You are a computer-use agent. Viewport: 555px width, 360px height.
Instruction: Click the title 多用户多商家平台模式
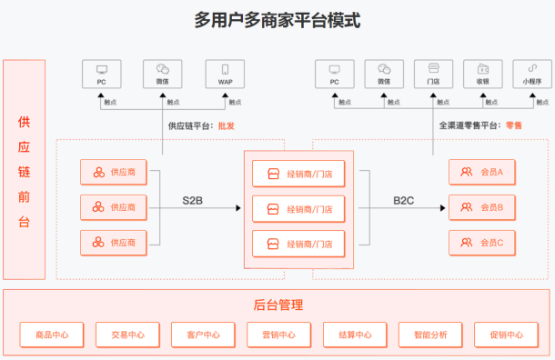coord(277,20)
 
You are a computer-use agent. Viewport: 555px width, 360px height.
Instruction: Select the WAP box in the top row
coord(225,74)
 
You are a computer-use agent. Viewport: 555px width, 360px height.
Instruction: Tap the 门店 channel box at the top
coord(432,74)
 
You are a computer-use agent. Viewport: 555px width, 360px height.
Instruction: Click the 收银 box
coord(482,74)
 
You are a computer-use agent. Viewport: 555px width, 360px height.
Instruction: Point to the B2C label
coord(404,199)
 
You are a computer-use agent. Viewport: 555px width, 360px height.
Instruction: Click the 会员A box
coord(482,172)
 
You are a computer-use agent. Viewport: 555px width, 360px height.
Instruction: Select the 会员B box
coord(482,207)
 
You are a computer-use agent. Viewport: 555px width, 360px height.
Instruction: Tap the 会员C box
coord(482,243)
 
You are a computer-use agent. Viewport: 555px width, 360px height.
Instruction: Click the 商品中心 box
coord(52,335)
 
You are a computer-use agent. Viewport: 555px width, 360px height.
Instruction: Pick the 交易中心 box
coord(127,335)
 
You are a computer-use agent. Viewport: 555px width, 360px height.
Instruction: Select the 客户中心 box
coord(203,335)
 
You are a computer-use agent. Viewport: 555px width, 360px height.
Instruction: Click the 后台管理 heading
coord(277,305)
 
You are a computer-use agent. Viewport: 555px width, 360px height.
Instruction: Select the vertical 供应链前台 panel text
coord(25,171)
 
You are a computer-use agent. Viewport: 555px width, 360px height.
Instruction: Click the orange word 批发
coord(226,126)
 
